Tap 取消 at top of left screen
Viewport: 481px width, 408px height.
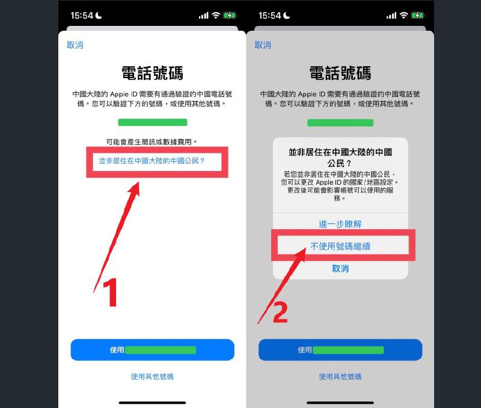point(75,45)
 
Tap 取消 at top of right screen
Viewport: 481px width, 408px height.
point(263,45)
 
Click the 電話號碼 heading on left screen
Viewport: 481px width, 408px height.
point(153,73)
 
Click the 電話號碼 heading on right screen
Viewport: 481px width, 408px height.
point(340,73)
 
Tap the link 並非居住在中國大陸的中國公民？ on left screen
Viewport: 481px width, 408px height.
point(152,161)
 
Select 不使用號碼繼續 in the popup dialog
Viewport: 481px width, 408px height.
point(340,246)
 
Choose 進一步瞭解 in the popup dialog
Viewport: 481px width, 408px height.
point(340,224)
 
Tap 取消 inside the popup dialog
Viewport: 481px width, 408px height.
point(340,268)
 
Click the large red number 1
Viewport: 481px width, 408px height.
point(111,292)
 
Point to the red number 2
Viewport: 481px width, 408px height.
point(280,312)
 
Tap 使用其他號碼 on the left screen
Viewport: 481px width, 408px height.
point(152,377)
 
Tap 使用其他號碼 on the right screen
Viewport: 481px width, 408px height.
point(340,377)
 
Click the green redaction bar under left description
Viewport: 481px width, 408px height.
point(153,123)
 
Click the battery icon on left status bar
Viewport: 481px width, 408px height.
point(230,16)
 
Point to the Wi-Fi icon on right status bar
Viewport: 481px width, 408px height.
point(404,16)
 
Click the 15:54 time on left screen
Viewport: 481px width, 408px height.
point(82,16)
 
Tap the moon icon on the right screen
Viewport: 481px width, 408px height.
point(287,16)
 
